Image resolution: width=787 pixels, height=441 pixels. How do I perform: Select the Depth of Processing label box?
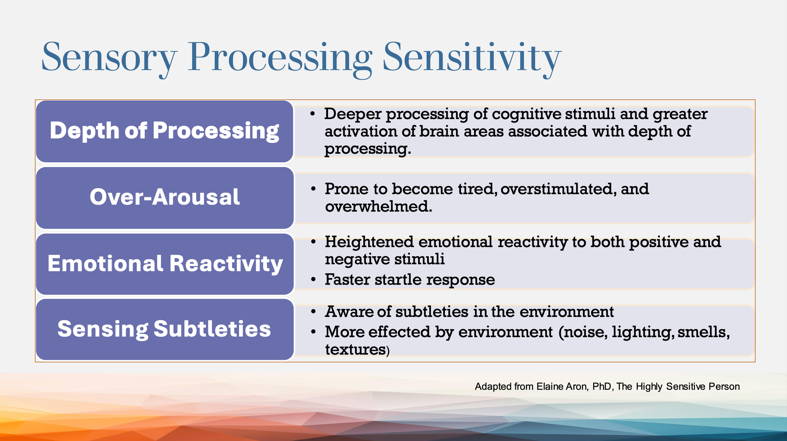click(165, 131)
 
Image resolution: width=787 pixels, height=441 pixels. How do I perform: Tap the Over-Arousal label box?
click(165, 197)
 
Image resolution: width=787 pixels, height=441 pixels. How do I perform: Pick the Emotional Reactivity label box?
click(165, 264)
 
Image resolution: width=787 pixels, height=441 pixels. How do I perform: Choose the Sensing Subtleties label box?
click(165, 329)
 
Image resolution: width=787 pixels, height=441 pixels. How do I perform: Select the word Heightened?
click(369, 242)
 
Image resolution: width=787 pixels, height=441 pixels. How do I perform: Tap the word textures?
click(355, 350)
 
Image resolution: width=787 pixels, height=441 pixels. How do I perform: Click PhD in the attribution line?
click(602, 387)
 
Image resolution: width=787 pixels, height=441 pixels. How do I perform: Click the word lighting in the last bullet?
click(643, 332)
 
